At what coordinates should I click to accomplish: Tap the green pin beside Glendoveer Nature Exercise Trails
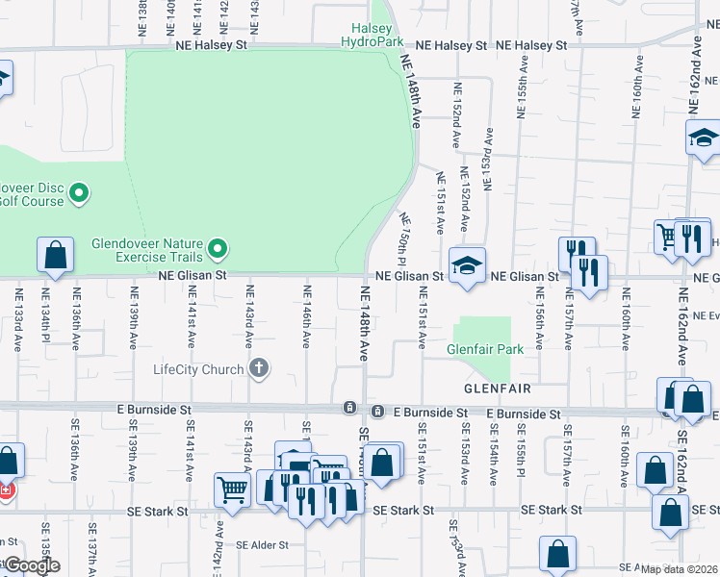[219, 250]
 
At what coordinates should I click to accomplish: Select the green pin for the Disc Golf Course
[79, 194]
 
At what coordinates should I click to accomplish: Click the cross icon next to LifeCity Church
[258, 368]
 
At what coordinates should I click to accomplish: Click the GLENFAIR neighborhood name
[498, 389]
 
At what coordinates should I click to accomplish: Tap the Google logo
[31, 565]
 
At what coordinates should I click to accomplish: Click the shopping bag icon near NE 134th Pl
[55, 256]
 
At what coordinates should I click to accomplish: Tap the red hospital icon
[7, 490]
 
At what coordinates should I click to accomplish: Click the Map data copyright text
[679, 569]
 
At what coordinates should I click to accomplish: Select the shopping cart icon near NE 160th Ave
[666, 236]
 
